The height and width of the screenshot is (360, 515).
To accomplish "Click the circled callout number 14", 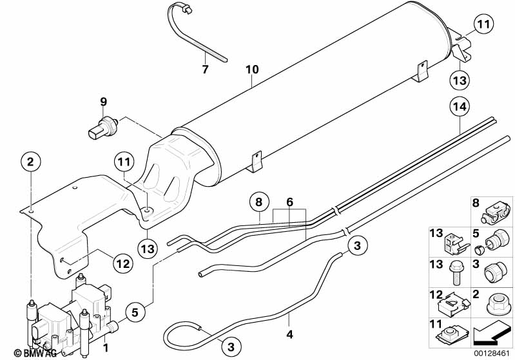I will (x=461, y=108).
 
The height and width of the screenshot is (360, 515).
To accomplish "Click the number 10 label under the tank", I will (x=253, y=69).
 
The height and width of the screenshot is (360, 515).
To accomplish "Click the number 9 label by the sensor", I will (x=102, y=101).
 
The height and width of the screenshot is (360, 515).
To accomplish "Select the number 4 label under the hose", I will (x=289, y=335).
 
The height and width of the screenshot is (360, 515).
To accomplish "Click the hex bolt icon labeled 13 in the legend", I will (x=454, y=271).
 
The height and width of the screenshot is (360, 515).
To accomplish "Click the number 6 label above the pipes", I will (x=289, y=202).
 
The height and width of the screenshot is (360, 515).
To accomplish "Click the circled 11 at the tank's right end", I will (x=484, y=25).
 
